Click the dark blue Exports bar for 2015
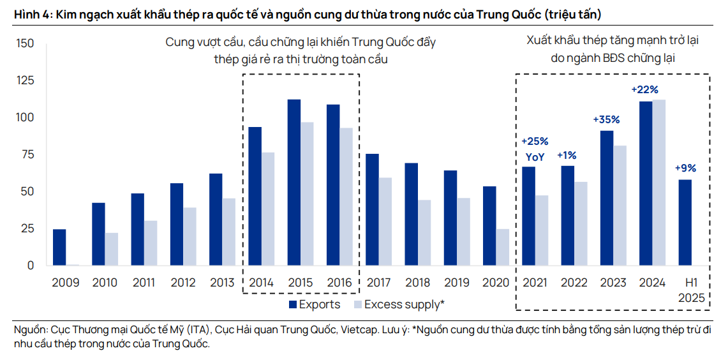294,182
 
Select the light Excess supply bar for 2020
502,247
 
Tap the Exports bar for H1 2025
685,222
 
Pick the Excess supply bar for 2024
658,182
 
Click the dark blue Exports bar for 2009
59,247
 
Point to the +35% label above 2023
606,119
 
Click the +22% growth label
644,89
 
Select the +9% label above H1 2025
685,169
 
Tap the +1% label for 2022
567,155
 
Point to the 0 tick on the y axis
30,265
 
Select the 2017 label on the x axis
378,282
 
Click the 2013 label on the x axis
223,282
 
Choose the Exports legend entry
314,304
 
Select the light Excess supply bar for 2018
424,232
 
